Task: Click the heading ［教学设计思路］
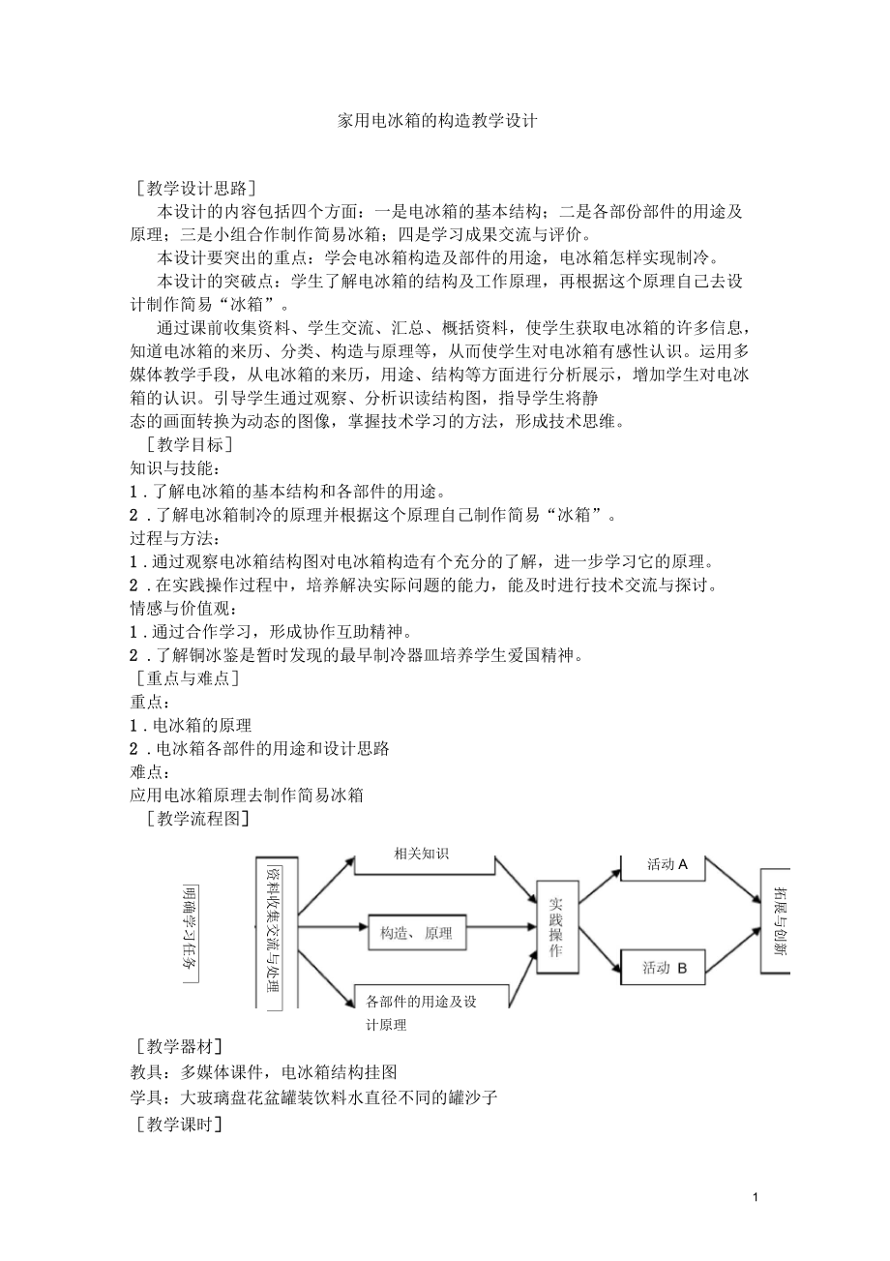click(197, 187)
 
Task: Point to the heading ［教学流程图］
click(193, 819)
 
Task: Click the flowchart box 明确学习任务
click(191, 933)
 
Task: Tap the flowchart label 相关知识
click(421, 854)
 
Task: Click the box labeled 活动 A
click(667, 864)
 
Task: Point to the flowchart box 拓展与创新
click(778, 919)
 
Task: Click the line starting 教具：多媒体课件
click(263, 1072)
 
